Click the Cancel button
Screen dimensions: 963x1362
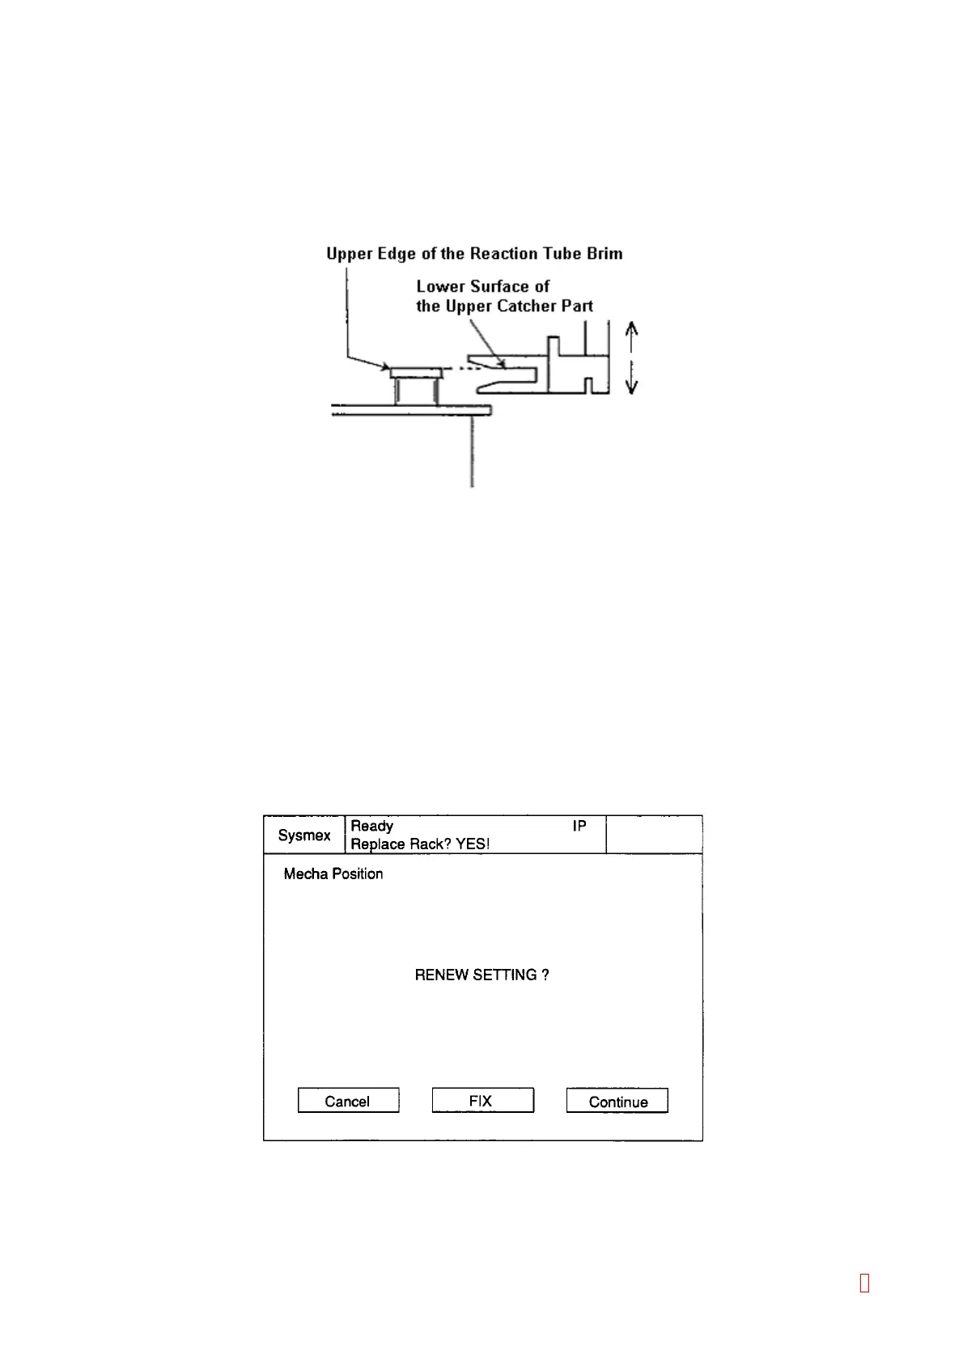[348, 1101]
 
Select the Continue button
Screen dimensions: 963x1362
[617, 1102]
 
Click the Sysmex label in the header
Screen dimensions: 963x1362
[304, 835]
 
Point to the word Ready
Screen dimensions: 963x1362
[372, 826]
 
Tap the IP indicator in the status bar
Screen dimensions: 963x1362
[579, 826]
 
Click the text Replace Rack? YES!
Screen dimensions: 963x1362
[420, 844]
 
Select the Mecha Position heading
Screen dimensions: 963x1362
[333, 874]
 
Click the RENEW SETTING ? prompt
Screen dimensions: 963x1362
[482, 975]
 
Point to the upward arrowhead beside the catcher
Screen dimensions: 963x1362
[633, 327]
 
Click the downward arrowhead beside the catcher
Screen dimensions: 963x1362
[633, 387]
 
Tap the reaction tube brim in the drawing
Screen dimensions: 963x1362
[416, 373]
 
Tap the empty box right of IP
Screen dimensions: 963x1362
[654, 835]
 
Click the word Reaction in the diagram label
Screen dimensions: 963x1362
[506, 254]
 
